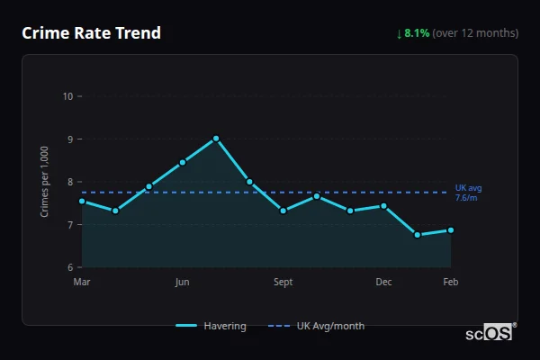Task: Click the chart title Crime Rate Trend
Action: pyautogui.click(x=92, y=33)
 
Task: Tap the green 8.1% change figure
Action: pyautogui.click(x=418, y=33)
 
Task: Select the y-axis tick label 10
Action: pyautogui.click(x=68, y=96)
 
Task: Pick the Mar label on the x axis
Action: pyautogui.click(x=82, y=283)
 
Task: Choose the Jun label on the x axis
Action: pyautogui.click(x=182, y=283)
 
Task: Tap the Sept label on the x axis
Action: pyautogui.click(x=283, y=283)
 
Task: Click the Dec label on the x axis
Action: pyautogui.click(x=383, y=283)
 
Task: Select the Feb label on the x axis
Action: pyautogui.click(x=450, y=283)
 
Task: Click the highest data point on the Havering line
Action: pyautogui.click(x=216, y=139)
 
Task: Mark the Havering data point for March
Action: pyautogui.click(x=82, y=201)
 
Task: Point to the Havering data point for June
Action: pyautogui.click(x=183, y=162)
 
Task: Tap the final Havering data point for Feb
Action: pyautogui.click(x=450, y=230)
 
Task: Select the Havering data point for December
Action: pyautogui.click(x=383, y=206)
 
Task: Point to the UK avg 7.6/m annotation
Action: pyautogui.click(x=468, y=193)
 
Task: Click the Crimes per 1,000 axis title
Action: pyautogui.click(x=45, y=182)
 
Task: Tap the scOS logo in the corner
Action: pyautogui.click(x=490, y=333)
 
